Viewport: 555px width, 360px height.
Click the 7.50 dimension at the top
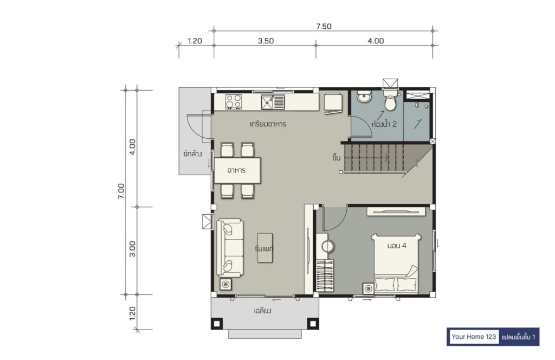(324, 26)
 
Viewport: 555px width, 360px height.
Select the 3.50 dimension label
(266, 41)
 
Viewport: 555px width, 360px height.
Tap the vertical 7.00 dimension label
(121, 191)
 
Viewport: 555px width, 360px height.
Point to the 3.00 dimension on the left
(132, 249)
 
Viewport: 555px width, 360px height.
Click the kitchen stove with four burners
(234, 101)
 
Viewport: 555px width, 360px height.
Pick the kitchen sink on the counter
(273, 102)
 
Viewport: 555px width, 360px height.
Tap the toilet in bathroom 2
(390, 100)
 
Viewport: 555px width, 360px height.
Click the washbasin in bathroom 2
(364, 96)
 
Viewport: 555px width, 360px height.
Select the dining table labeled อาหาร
(237, 170)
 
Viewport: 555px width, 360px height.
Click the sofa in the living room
(230, 247)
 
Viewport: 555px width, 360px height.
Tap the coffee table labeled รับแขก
(264, 248)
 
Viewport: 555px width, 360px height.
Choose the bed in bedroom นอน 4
(396, 263)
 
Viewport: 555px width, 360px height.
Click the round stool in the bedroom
(328, 247)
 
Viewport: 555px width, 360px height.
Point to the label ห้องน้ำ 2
(384, 124)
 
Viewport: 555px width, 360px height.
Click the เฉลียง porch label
(263, 311)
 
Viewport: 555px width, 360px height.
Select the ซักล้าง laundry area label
(192, 154)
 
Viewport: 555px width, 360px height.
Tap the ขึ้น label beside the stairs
(336, 157)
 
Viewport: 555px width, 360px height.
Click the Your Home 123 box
(474, 337)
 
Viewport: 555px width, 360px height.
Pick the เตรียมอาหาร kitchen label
(268, 124)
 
